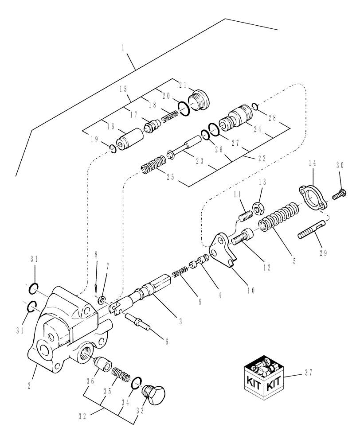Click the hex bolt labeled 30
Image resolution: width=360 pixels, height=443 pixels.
click(x=340, y=193)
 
